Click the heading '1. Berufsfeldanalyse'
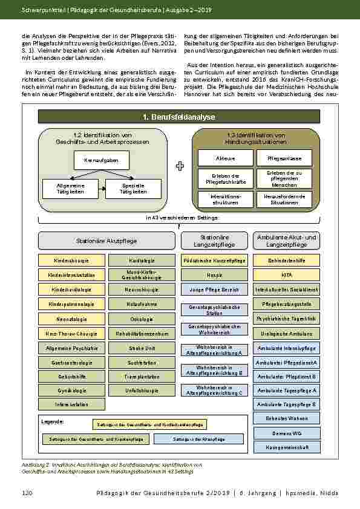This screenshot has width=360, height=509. point(178,117)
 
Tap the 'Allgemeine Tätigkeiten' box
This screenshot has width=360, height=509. point(69,189)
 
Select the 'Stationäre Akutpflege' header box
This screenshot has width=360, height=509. point(106,241)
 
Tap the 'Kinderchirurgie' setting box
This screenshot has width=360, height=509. point(72,261)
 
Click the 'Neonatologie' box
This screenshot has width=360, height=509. point(72,319)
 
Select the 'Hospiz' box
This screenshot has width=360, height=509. point(214,275)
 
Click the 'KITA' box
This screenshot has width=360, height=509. point(286,275)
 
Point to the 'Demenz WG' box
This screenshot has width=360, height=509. point(286,433)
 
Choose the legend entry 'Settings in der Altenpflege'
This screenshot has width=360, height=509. point(190,439)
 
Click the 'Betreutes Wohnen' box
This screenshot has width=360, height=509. point(286,418)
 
